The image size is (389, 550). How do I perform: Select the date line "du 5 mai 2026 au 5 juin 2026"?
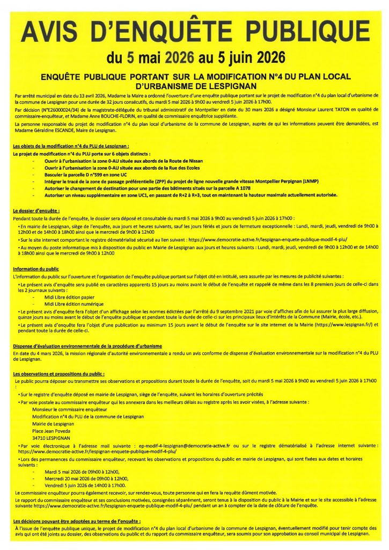(x=194, y=56)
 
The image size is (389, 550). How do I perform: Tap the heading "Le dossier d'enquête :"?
(x=36, y=211)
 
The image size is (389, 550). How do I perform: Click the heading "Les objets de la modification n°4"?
(x=71, y=147)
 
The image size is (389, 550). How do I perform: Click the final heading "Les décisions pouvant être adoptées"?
(x=77, y=521)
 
